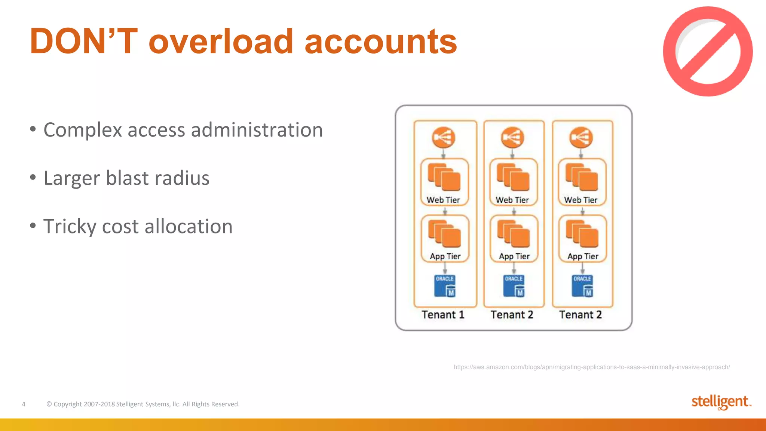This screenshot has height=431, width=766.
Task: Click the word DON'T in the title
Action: coord(83,42)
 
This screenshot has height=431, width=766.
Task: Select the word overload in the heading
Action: coord(221,42)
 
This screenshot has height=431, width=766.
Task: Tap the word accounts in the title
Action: coord(380,42)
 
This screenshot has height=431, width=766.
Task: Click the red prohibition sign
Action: coord(707,51)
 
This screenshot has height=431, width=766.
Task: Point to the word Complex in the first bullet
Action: coord(83,130)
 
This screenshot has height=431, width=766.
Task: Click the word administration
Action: coord(257,130)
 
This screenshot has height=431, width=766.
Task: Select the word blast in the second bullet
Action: coord(127,178)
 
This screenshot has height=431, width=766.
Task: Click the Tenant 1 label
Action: coord(443,315)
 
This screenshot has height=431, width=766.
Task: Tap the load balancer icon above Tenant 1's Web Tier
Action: coord(444,138)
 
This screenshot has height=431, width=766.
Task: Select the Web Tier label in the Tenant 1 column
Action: coord(443,200)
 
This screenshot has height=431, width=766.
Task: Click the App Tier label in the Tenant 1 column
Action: coord(445,256)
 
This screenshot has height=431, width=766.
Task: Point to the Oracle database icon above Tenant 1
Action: coord(445,286)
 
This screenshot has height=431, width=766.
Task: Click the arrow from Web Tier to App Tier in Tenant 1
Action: coord(445,211)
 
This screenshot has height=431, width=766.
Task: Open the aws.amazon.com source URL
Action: coord(591,367)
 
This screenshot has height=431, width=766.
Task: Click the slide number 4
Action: coord(24,404)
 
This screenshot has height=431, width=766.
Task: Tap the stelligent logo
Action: coord(720,402)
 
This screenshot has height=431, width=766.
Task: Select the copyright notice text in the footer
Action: coord(143,404)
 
